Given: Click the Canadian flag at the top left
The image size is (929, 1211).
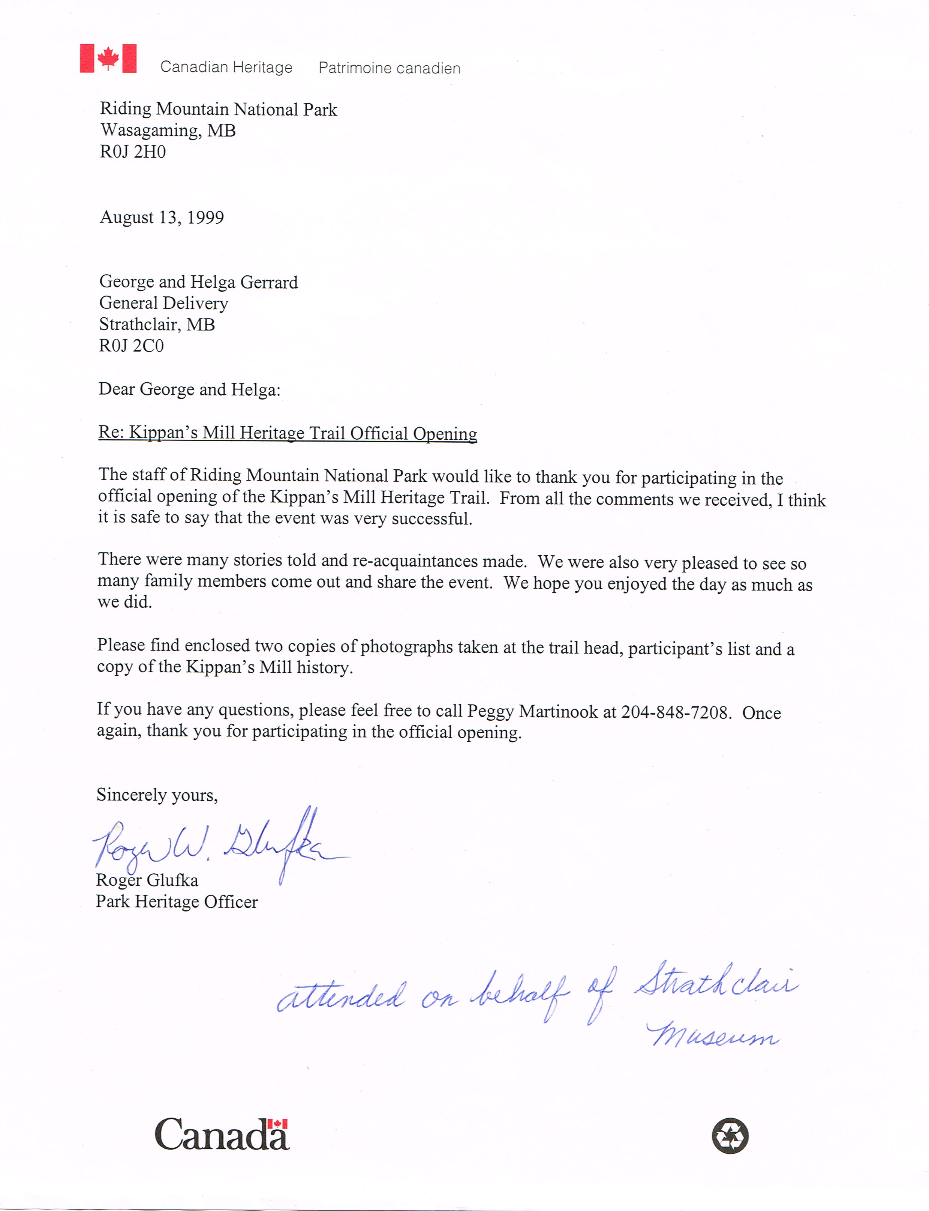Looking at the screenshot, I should [x=108, y=58].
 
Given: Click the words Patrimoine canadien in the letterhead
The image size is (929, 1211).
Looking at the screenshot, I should [x=389, y=68].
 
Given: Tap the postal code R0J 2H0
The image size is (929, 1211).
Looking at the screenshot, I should [x=133, y=152].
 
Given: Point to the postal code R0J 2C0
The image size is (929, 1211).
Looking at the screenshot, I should [x=131, y=346].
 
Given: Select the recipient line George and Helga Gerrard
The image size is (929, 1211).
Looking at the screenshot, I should [x=199, y=282].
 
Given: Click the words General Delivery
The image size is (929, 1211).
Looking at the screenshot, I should [x=164, y=303].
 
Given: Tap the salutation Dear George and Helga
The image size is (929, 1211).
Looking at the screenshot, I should [x=189, y=389].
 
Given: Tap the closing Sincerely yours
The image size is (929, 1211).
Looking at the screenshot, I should [x=157, y=795].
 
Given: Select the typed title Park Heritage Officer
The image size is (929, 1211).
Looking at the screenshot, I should [x=177, y=902].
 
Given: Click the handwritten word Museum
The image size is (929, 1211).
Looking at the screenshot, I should [x=713, y=1035].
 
